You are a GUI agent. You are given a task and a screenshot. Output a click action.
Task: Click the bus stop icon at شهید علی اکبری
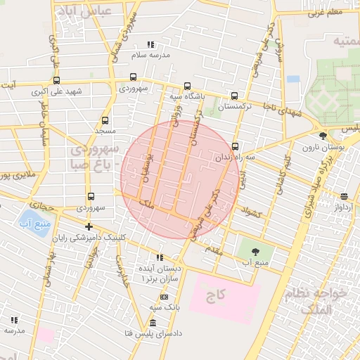pyautogui.click(x=56, y=79)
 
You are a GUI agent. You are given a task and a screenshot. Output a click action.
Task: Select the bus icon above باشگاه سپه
pyautogui.click(x=186, y=84)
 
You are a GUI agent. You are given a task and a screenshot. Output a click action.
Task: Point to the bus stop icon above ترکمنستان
pyautogui.click(x=234, y=96)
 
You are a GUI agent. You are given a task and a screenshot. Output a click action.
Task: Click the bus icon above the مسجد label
pyautogui.click(x=105, y=120)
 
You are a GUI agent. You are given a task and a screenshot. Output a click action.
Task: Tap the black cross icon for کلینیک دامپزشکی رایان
pyautogui.click(x=88, y=226)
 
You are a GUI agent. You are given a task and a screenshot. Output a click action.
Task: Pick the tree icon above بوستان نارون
pyautogui.click(x=323, y=136)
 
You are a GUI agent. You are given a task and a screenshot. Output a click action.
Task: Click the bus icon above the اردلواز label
pyautogui.click(x=343, y=197)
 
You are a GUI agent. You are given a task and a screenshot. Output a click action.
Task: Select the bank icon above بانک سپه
pyautogui.click(x=164, y=297)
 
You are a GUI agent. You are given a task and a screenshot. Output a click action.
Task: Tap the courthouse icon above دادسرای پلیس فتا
pyautogui.click(x=153, y=322)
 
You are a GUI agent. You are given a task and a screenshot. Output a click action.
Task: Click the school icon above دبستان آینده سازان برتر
pyautogui.click(x=160, y=257)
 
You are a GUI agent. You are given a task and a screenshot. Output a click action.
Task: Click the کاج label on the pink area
pyautogui.click(x=215, y=296)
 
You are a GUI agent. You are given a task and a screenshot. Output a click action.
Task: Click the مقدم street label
pyautogui.click(x=214, y=248)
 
